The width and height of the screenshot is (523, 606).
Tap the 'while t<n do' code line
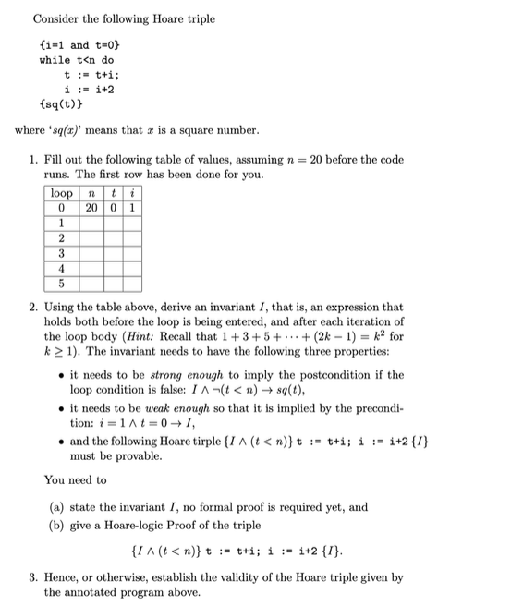click(77, 60)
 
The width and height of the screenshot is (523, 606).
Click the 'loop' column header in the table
click(62, 193)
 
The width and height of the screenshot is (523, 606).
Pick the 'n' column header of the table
click(91, 193)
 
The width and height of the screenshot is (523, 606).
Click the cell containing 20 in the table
click(91, 208)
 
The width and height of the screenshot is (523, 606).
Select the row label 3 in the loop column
click(62, 252)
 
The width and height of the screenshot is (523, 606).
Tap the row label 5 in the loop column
click(62, 282)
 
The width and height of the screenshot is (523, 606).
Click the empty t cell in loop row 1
click(112, 223)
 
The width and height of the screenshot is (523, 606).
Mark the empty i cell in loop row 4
click(131, 267)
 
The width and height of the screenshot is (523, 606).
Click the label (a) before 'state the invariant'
click(57, 506)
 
